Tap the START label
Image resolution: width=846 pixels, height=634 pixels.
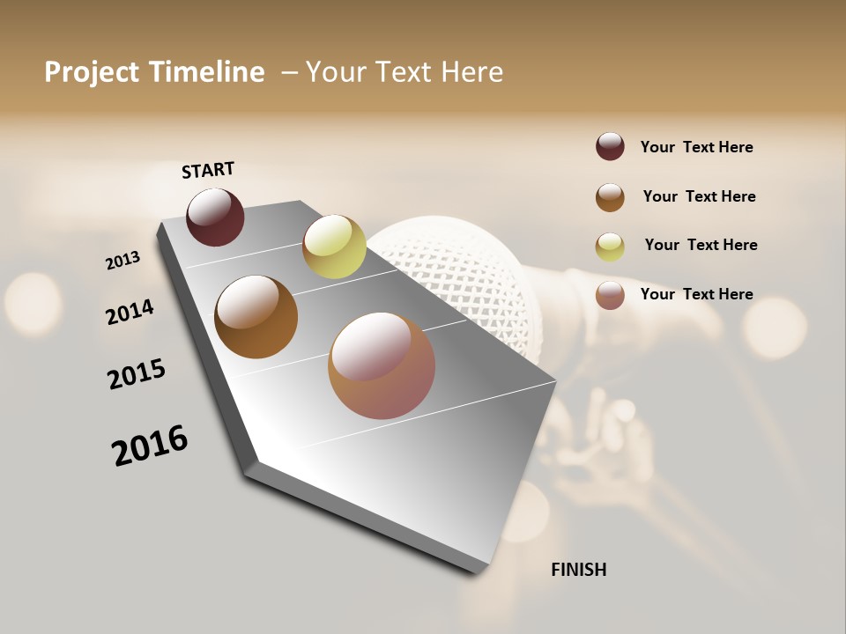tap(208, 170)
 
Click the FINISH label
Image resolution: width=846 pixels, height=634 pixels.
tap(579, 570)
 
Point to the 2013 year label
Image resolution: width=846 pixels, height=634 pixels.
tap(122, 261)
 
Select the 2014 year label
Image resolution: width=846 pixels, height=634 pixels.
tap(130, 312)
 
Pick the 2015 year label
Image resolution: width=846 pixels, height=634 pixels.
tap(137, 374)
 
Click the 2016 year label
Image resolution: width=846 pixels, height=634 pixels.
tap(150, 446)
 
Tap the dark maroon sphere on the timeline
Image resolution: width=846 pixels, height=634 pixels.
tap(215, 217)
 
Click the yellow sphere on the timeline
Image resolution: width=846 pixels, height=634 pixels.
tap(334, 247)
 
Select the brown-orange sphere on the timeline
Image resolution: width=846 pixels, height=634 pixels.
tap(256, 317)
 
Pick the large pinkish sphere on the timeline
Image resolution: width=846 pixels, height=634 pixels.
tap(382, 365)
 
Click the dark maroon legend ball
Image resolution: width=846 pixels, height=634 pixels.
tap(610, 146)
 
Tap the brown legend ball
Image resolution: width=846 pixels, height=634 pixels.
tap(610, 197)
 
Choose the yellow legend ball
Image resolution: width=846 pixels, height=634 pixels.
tap(610, 247)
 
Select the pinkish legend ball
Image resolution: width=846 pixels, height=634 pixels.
tap(610, 295)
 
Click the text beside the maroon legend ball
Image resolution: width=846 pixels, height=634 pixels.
tap(697, 147)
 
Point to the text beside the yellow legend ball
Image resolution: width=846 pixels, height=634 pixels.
tap(701, 245)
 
